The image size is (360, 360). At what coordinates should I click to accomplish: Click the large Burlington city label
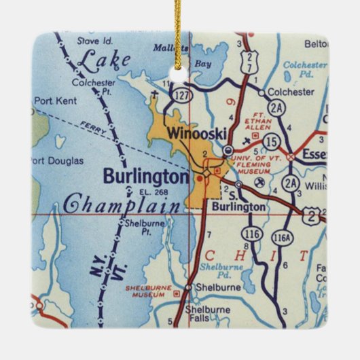tap(145, 177)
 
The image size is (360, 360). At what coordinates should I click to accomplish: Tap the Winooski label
tap(197, 134)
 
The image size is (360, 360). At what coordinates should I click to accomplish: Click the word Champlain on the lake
tap(122, 203)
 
